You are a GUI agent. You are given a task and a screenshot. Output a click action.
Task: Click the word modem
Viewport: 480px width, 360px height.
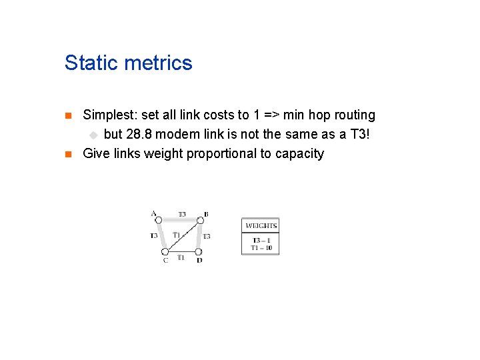[177, 135]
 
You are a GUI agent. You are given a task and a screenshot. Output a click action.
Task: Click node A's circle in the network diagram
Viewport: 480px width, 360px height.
[159, 220]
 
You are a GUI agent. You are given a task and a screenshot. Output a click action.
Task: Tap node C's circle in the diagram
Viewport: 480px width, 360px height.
[165, 251]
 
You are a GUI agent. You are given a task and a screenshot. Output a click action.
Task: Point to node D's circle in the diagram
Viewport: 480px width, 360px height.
[199, 251]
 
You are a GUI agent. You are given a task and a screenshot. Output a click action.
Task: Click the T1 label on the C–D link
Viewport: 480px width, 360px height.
[181, 258]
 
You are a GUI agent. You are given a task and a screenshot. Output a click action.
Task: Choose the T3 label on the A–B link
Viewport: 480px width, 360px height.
[181, 214]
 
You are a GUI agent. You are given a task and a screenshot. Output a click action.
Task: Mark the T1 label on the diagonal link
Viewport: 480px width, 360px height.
[177, 234]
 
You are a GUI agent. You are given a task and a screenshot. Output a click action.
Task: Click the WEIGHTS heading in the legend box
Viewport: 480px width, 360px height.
[261, 225]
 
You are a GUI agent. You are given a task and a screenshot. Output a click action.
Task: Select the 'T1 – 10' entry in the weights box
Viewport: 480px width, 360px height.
[261, 248]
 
